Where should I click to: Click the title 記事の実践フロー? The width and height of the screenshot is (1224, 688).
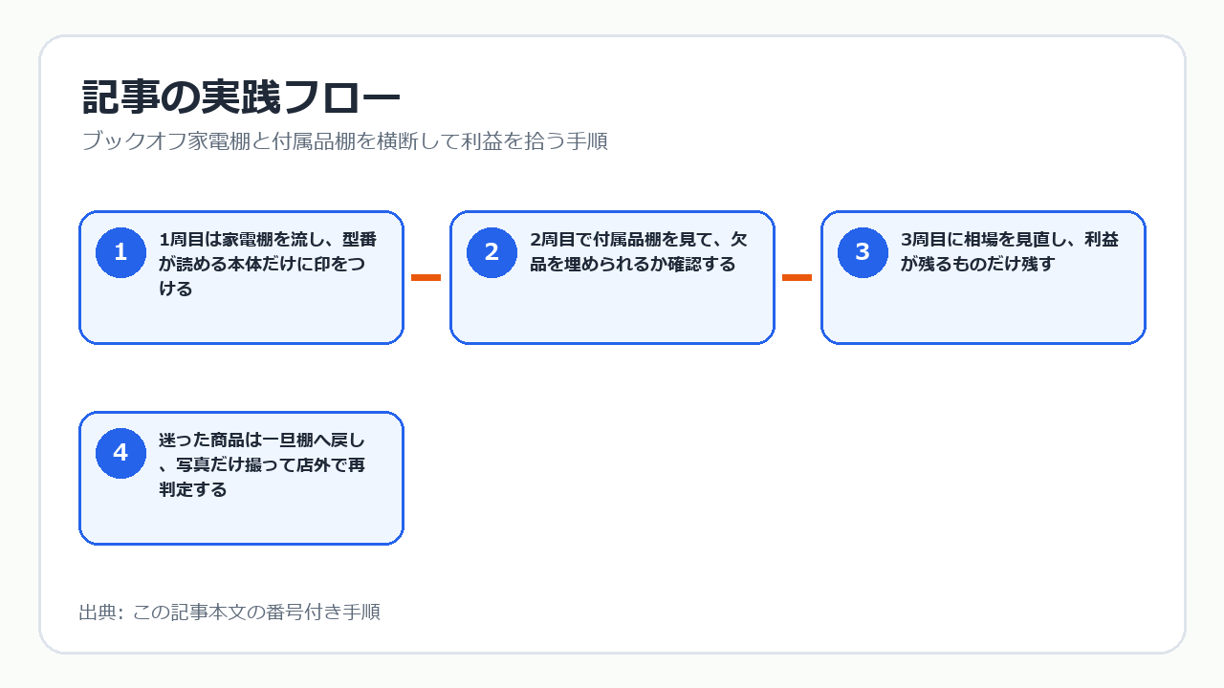coord(241,97)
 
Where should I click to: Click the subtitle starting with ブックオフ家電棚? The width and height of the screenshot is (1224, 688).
coord(345,140)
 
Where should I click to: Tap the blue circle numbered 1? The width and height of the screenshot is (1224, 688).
coord(120,252)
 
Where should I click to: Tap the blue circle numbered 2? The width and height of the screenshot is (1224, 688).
coord(492,252)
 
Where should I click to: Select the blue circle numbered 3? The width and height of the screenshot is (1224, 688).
coord(863,252)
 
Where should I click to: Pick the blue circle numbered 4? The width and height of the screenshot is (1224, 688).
coord(120,453)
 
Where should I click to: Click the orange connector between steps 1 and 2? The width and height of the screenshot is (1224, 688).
coord(426,277)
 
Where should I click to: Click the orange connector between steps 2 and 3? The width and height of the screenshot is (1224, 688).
coord(797,277)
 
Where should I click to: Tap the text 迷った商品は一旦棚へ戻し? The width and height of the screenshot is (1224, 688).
coord(262,441)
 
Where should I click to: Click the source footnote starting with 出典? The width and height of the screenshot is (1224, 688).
coord(229,613)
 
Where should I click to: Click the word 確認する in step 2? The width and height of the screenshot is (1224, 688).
coord(702,265)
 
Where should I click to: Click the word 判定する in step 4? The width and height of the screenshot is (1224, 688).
coord(193,489)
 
